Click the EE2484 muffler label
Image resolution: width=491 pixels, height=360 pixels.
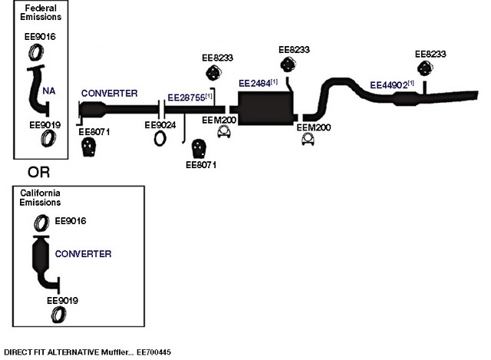coord(258,84)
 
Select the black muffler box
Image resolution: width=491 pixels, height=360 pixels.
coord(265,108)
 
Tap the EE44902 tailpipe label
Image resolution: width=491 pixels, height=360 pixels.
coord(392,84)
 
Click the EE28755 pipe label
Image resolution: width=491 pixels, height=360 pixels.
coord(189,97)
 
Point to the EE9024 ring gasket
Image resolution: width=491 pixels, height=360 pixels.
coord(160,138)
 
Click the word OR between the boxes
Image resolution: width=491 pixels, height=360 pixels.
coord(38,172)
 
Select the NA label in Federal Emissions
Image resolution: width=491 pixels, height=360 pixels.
coord(49,91)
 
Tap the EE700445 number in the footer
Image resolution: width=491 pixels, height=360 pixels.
coord(153,352)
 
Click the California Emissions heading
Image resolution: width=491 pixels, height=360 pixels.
coord(40,197)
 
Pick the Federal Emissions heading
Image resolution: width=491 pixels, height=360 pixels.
coord(41,12)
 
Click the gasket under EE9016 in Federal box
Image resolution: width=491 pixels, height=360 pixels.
coord(36,52)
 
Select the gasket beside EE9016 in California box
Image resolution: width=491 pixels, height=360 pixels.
coord(41,223)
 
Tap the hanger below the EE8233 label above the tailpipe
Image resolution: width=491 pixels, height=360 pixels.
coord(425,68)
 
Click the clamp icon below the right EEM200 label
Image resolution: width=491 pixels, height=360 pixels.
coord(308,139)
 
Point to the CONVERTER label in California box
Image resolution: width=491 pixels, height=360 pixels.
coord(83,254)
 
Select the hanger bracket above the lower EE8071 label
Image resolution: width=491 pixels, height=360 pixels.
coord(199,148)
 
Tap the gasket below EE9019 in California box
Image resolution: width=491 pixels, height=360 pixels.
coord(58,315)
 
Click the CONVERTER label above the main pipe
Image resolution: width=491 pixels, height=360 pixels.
coord(109,93)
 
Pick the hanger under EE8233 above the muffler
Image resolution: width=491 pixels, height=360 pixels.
coord(288,64)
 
